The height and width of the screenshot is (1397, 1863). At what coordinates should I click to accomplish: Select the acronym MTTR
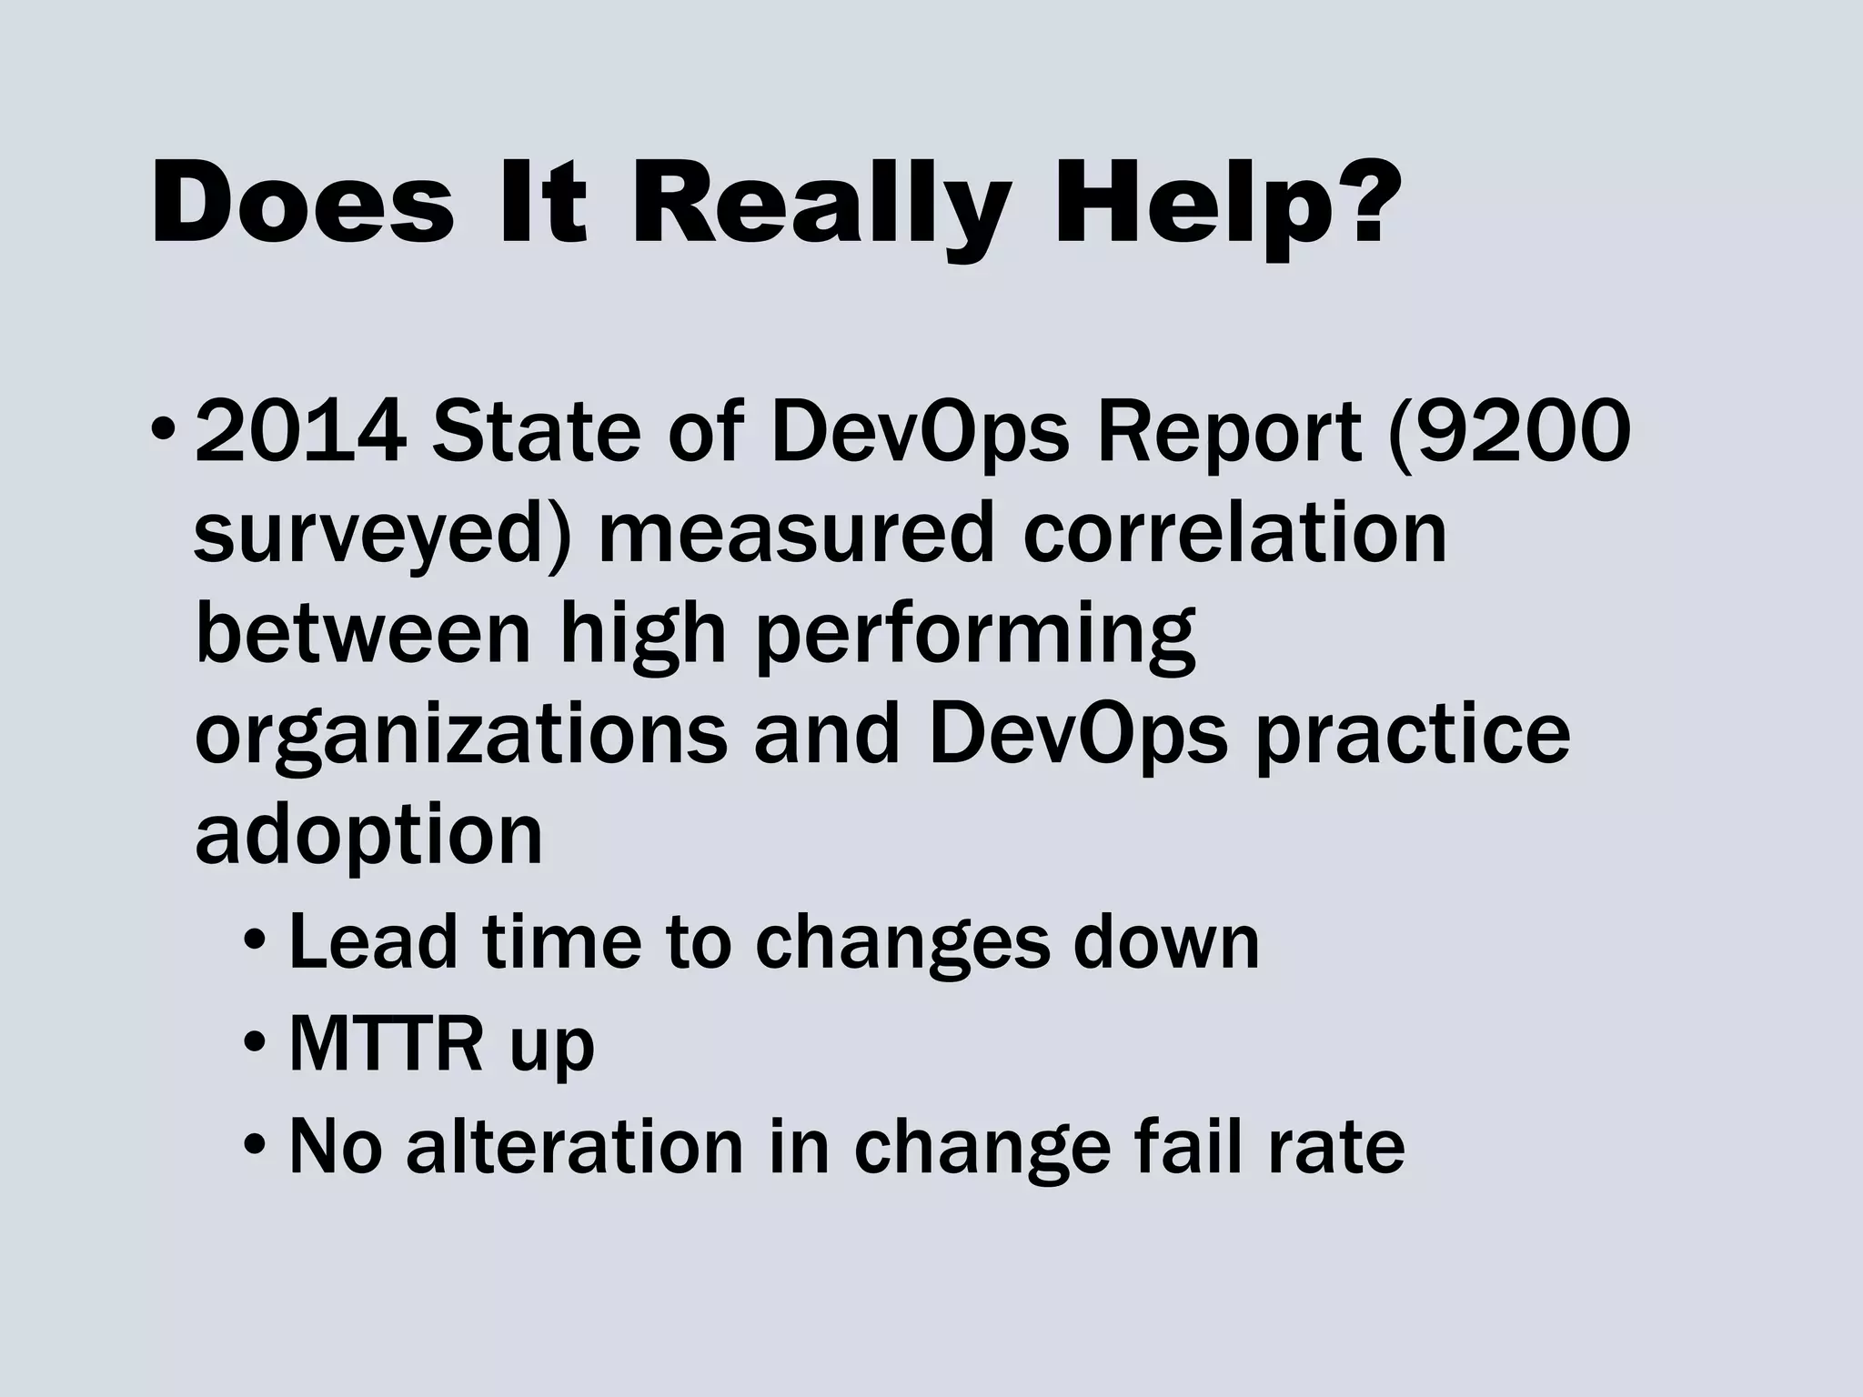pyautogui.click(x=385, y=1045)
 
